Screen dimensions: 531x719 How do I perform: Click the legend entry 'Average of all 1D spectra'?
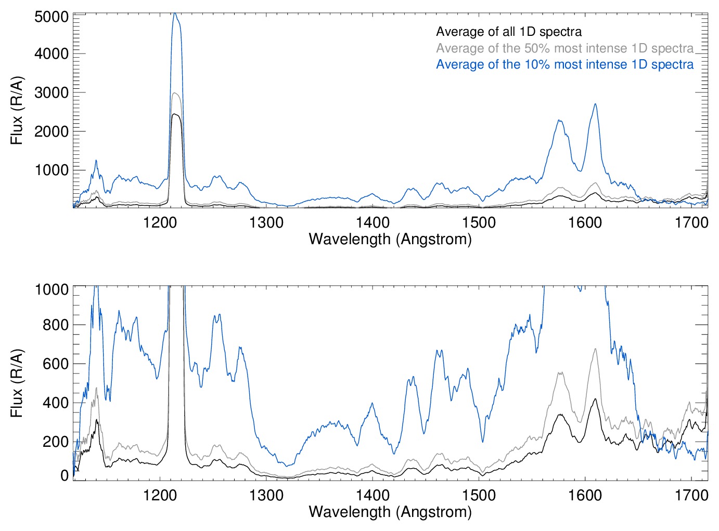508,32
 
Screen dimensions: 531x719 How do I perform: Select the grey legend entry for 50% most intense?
564,48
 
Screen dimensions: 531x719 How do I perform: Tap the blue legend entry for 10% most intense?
564,64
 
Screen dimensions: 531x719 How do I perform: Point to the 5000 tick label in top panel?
52,17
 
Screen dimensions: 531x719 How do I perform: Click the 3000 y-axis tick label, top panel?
52,93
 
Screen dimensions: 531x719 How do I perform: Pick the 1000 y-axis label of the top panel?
52,170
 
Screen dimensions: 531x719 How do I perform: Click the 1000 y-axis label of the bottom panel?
52,289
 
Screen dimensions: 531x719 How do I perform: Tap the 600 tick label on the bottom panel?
56,364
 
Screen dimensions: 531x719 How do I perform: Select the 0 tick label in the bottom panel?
65,475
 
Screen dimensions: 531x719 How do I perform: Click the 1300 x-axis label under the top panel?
266,223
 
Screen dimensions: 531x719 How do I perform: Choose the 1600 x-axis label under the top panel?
585,223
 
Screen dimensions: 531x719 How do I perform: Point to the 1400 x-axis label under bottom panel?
373,495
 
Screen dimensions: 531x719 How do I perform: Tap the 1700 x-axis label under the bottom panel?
691,495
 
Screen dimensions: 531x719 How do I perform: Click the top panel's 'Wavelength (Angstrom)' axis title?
390,239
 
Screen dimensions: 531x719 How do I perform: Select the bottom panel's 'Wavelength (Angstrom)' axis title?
390,512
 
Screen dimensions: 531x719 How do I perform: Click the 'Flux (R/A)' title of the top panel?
17,111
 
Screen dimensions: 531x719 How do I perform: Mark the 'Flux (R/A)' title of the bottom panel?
17,383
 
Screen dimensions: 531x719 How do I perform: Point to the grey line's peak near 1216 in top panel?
176,94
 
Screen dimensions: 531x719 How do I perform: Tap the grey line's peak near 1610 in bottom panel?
595,349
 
